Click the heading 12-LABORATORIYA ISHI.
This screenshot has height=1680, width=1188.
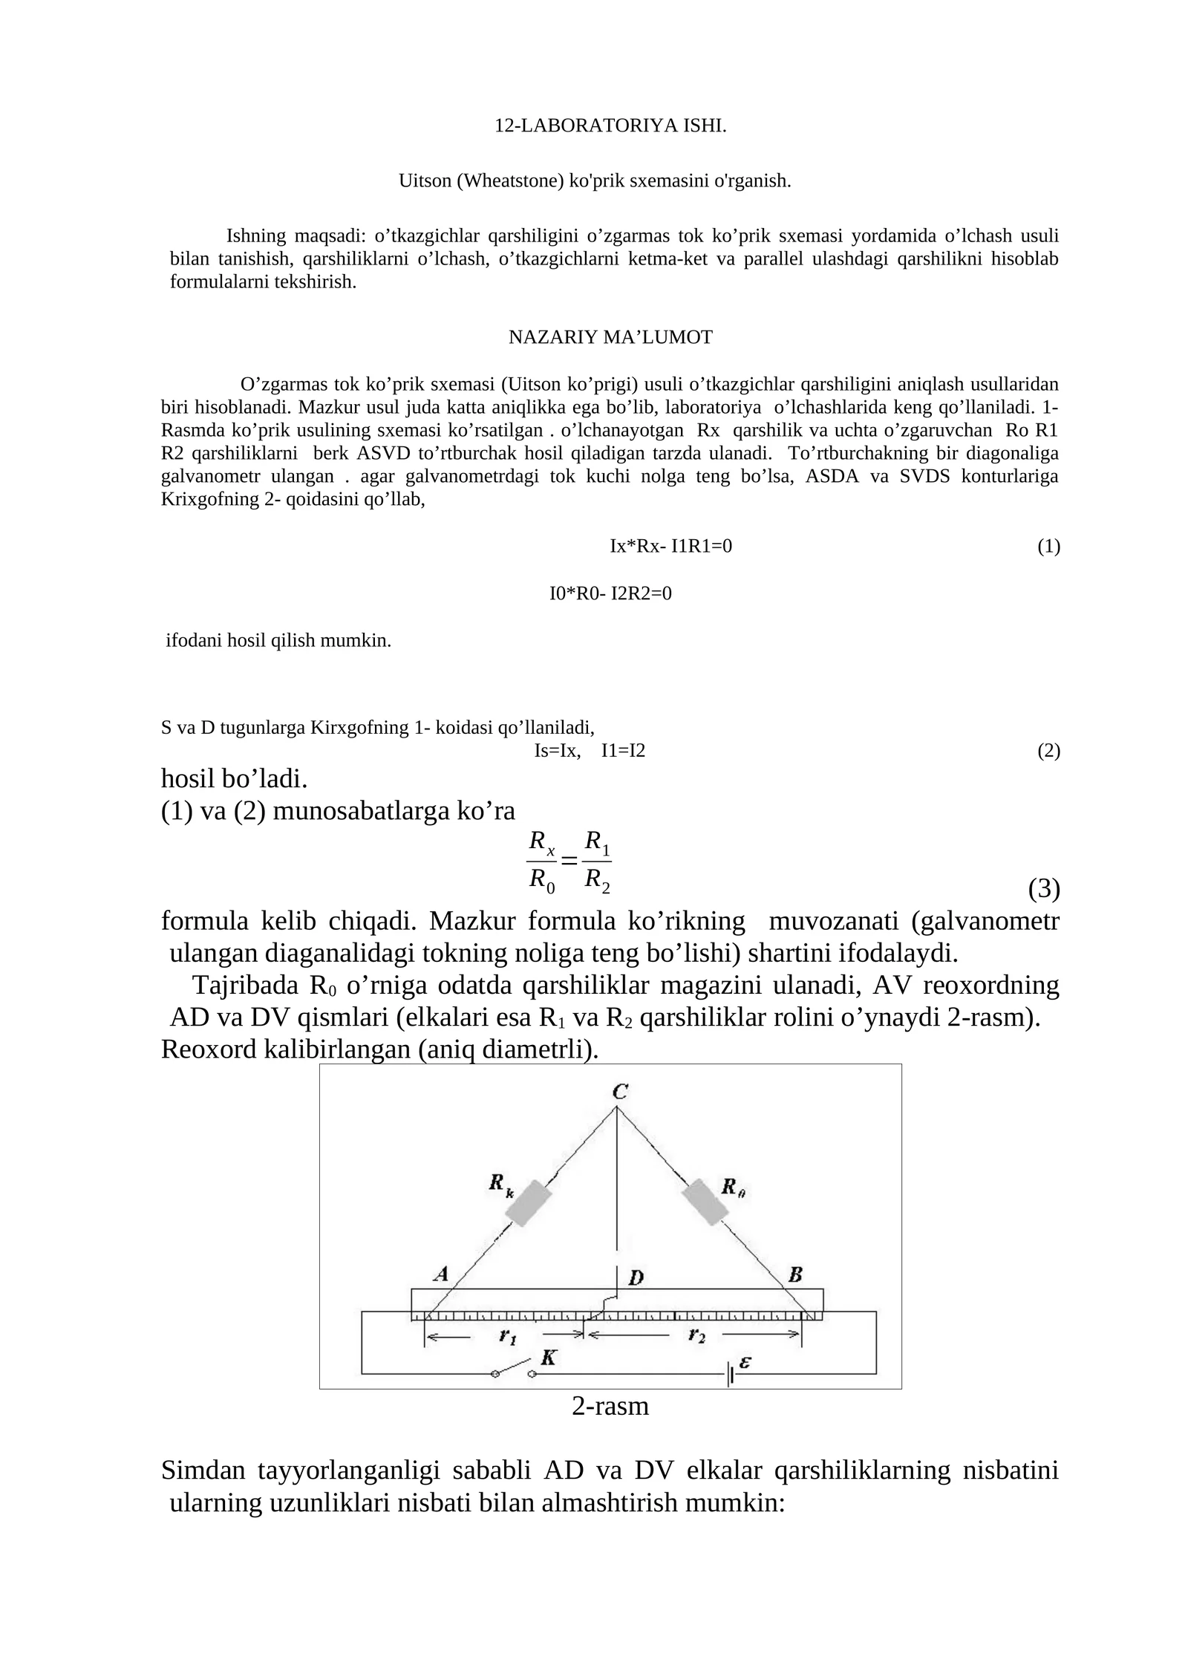(610, 126)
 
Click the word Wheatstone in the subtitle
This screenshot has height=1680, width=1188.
(510, 180)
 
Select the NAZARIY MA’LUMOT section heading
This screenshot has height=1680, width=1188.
(610, 337)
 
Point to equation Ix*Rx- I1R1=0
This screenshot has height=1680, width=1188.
(670, 547)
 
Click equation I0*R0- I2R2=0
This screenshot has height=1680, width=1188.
(610, 593)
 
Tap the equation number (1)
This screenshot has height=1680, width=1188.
(1048, 547)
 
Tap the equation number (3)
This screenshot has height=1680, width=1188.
(1043, 888)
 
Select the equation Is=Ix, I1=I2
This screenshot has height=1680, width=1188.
(590, 751)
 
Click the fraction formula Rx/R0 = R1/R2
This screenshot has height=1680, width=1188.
(569, 861)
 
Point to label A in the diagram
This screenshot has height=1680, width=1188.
(441, 1274)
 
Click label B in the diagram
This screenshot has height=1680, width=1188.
(795, 1275)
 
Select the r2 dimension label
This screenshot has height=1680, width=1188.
(696, 1335)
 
